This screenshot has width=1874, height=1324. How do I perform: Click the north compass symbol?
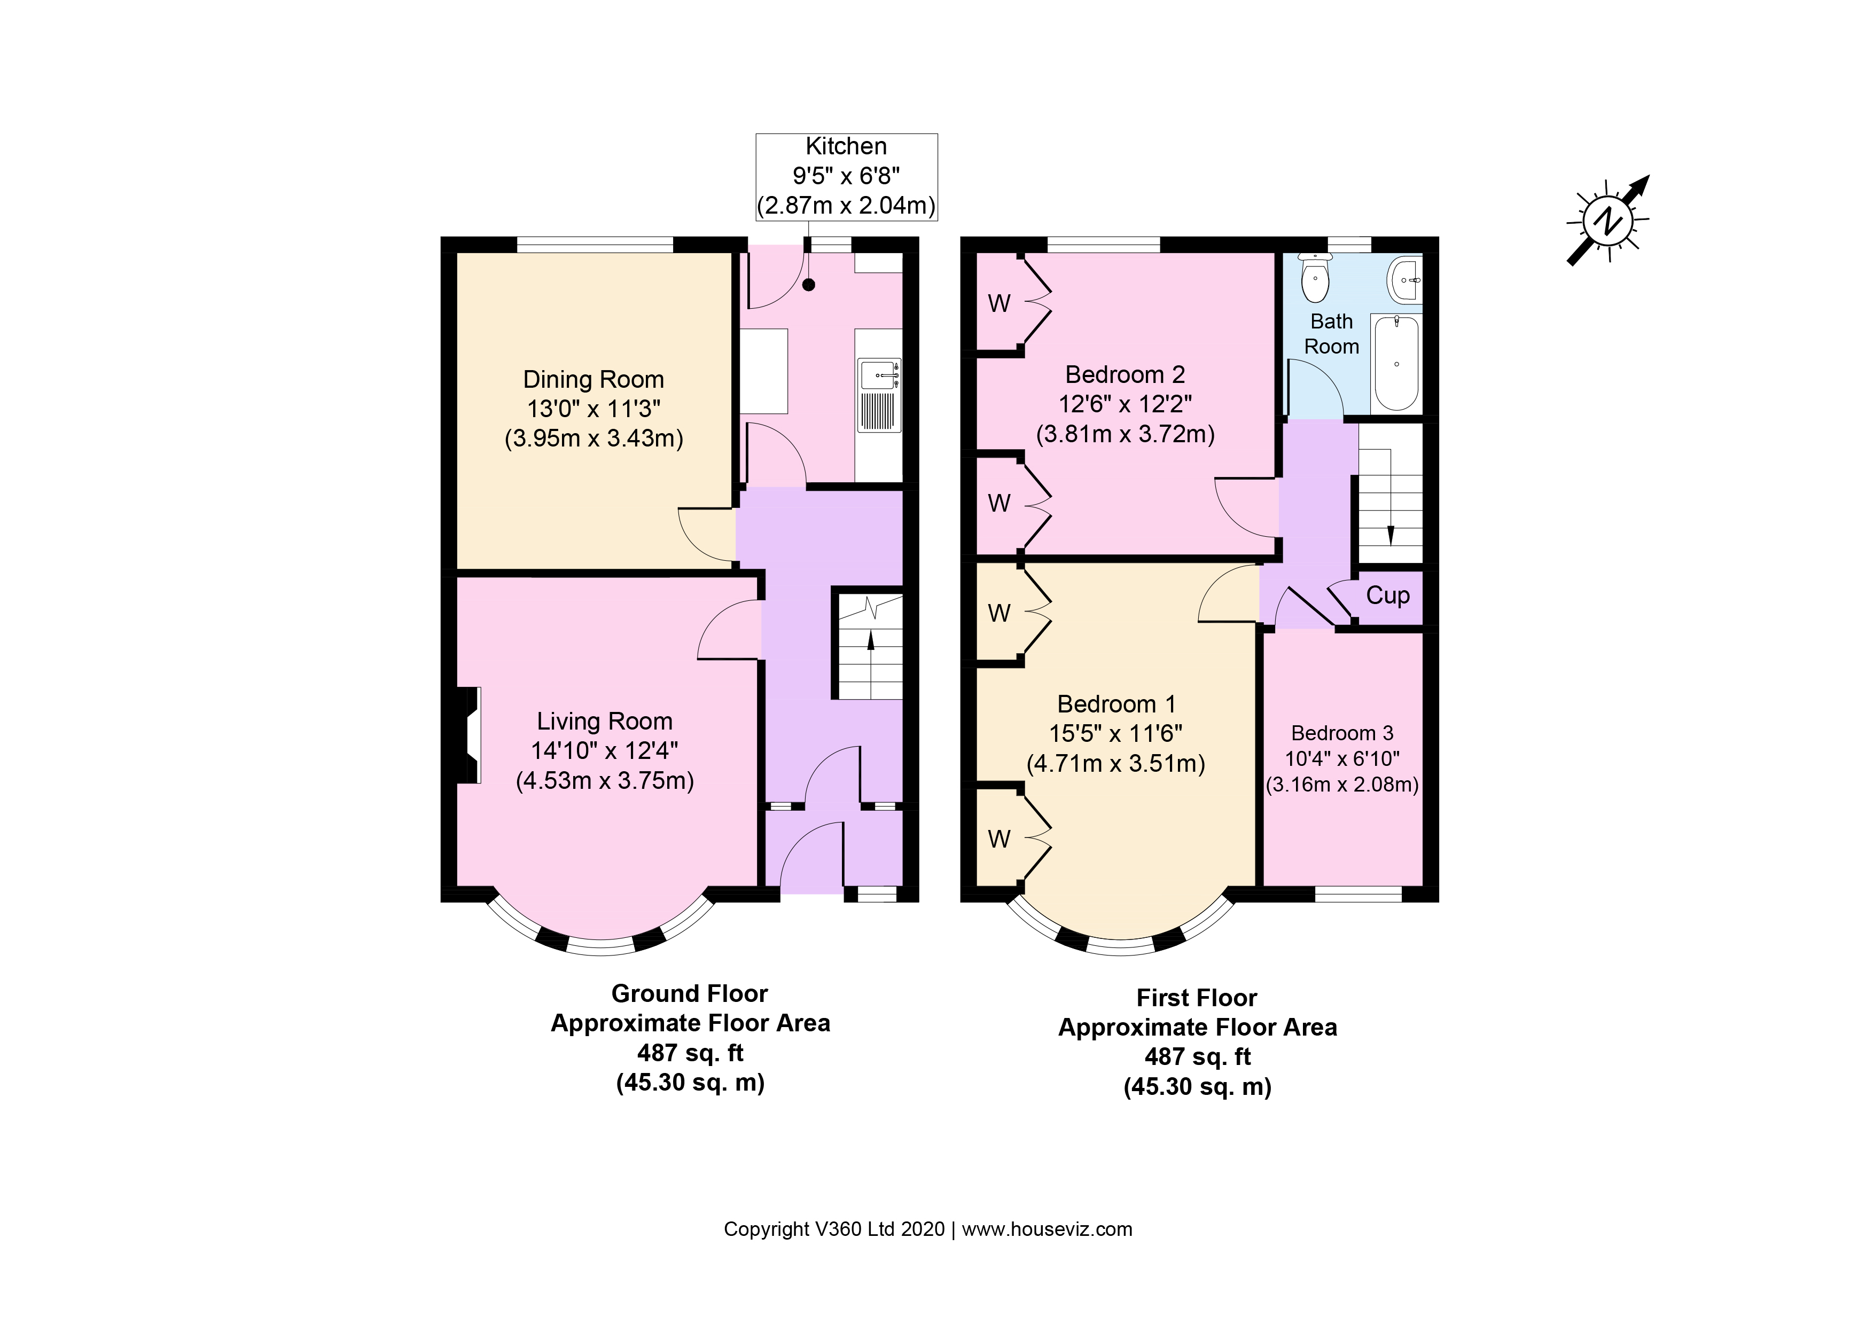click(1607, 221)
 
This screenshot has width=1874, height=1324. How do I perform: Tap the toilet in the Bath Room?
click(1315, 279)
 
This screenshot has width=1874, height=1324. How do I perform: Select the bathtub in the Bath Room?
click(1396, 363)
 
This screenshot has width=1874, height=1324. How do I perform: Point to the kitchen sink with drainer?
click(879, 396)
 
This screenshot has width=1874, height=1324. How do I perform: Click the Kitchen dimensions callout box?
click(846, 176)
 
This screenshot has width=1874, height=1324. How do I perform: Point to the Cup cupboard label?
click(1387, 596)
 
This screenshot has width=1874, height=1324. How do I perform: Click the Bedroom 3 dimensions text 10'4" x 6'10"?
click(1342, 758)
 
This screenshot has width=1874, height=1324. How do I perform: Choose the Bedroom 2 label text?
click(1125, 374)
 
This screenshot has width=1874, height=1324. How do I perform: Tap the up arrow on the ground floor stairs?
click(871, 640)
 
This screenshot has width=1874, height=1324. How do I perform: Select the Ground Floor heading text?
click(690, 993)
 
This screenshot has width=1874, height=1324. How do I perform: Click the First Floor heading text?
click(1197, 998)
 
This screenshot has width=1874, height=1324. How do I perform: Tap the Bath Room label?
click(1331, 334)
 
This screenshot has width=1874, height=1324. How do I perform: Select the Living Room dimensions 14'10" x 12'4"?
click(605, 750)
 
